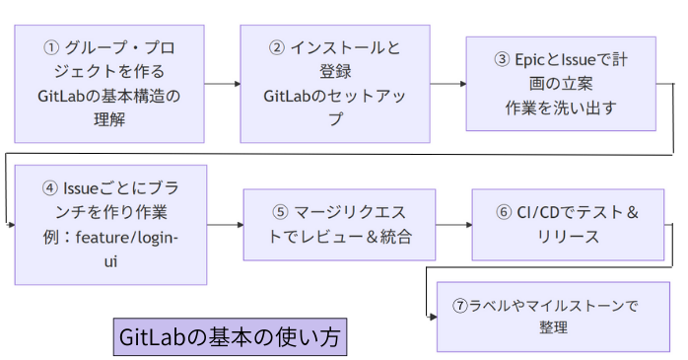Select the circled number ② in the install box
pos(277,47)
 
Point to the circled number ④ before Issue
pos(51,187)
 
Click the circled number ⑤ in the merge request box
pos(279,212)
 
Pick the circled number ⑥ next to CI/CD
pos(504,212)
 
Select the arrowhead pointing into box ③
pos(461,84)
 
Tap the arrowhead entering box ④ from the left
pos(11,225)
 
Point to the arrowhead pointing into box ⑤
pos(239,225)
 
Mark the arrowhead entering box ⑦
pos(433,316)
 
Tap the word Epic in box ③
pos(533,60)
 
